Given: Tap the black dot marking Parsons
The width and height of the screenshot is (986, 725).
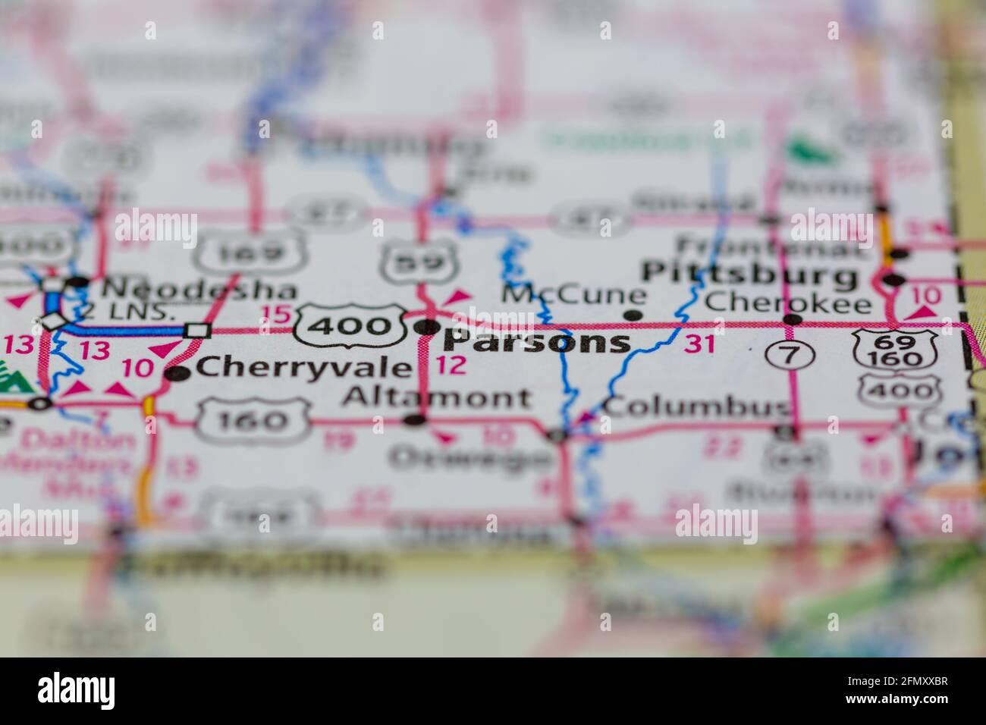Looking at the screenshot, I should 428,328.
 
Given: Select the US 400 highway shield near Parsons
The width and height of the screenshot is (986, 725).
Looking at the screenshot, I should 350,326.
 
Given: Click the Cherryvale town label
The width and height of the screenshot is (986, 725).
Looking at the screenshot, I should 303,369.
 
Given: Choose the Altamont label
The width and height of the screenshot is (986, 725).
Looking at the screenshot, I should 436,397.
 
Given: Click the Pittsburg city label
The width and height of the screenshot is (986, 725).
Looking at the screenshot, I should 751,275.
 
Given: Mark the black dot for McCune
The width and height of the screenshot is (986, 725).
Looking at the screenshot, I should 635,315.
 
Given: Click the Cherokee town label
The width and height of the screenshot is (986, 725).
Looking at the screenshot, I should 787,303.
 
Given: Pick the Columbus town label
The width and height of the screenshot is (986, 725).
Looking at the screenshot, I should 696,407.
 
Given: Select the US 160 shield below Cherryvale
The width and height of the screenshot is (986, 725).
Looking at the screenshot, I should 254,420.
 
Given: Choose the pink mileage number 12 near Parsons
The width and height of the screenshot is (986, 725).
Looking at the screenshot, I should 451,366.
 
